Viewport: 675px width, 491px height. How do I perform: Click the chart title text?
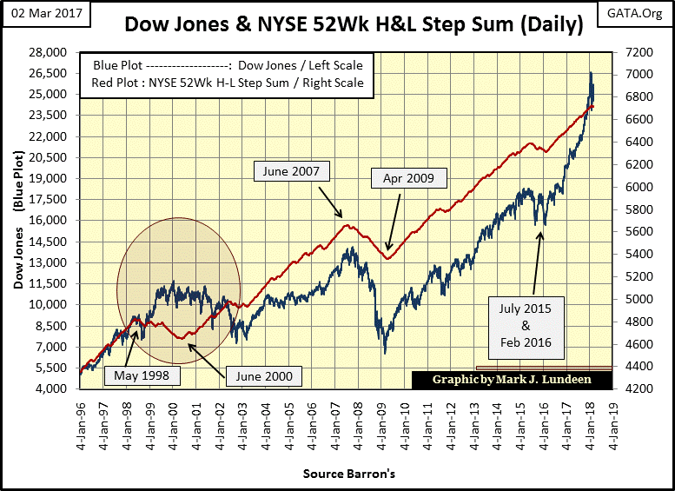[x=354, y=25]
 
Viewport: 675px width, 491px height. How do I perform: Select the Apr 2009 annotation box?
[x=408, y=179]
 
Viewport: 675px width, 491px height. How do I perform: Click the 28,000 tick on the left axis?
[x=55, y=52]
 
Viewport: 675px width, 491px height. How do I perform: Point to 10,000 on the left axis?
[x=55, y=305]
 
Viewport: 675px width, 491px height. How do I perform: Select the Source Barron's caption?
[x=345, y=474]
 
